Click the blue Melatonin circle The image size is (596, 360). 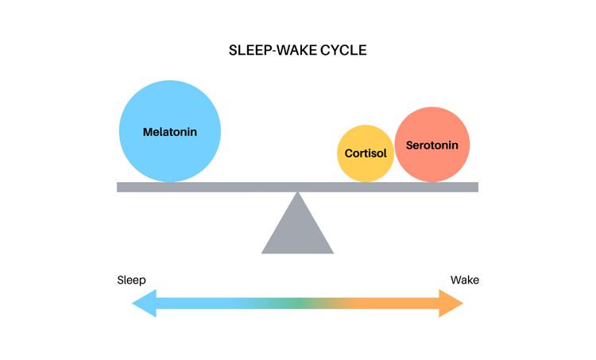click(x=170, y=131)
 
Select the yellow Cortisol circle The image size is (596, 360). click(x=366, y=153)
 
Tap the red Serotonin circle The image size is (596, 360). click(x=432, y=145)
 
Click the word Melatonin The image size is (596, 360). click(x=170, y=132)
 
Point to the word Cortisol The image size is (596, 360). click(x=366, y=153)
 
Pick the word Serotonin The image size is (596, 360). click(x=432, y=145)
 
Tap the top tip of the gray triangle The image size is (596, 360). click(x=298, y=192)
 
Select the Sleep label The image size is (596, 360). click(x=131, y=281)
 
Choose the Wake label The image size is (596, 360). click(x=465, y=281)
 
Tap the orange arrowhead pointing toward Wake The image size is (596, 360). click(x=451, y=303)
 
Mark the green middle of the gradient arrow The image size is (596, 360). click(x=298, y=303)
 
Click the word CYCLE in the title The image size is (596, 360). click(x=343, y=50)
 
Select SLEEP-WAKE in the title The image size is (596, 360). click(x=273, y=50)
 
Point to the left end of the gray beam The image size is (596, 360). click(x=118, y=187)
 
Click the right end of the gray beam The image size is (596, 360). click(x=478, y=187)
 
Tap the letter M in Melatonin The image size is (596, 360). click(x=148, y=132)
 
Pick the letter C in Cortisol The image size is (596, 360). click(x=349, y=153)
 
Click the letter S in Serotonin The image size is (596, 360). click(x=409, y=145)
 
